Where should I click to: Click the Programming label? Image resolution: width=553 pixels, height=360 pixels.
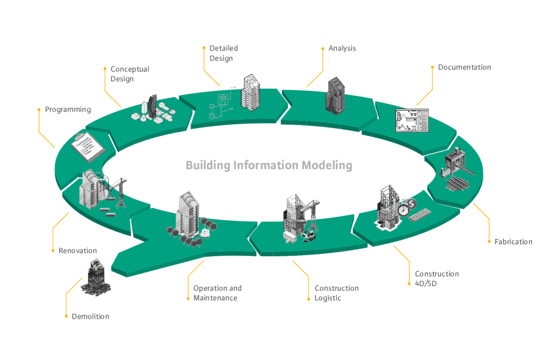point(68,110)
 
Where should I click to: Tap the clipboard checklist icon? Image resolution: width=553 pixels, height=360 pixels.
point(88,147)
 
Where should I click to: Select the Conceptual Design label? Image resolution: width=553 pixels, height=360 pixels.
point(130,74)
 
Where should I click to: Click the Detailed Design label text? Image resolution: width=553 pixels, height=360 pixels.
point(224,53)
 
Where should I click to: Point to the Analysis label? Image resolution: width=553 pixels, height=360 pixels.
point(342,49)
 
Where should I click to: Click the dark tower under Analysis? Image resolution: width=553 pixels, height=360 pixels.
point(335,96)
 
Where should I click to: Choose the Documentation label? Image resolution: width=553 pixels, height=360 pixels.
point(465,67)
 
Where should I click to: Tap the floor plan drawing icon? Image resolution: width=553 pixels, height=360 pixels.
point(412,121)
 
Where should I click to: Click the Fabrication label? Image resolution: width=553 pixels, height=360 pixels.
point(514,242)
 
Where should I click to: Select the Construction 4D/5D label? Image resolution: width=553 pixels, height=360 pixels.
point(437,278)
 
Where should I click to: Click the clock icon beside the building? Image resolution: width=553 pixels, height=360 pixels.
point(404,210)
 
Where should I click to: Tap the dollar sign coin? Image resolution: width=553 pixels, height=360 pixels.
point(411,204)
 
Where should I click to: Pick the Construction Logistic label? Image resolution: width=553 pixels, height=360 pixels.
point(337,293)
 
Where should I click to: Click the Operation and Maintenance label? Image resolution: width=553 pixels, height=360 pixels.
point(217,293)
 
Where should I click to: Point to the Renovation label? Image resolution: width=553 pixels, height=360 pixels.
point(78,251)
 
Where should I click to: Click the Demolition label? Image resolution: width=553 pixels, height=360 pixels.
point(90,316)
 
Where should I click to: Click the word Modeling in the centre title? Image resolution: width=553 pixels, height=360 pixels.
point(327,165)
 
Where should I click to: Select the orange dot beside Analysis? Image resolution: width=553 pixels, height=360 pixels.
point(323,49)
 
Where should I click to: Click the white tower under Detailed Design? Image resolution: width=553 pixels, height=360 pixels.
point(250,92)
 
